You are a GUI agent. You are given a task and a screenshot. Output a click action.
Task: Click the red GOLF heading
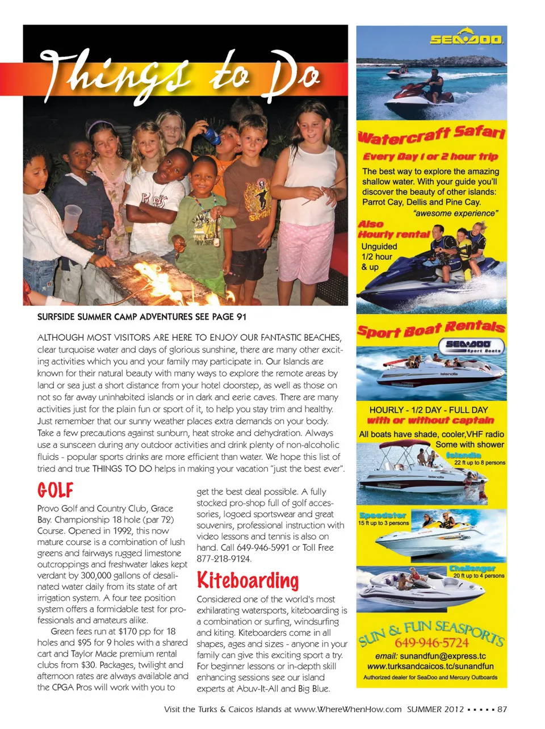(56, 490)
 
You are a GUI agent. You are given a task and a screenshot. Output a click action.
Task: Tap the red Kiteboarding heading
(248, 580)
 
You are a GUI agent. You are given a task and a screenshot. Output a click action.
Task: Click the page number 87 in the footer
(502, 709)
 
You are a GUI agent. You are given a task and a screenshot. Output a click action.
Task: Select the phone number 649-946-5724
(431, 643)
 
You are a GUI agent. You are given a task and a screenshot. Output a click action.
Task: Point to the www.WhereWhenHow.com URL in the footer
(347, 709)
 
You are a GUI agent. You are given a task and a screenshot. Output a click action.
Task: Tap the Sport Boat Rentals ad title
(431, 329)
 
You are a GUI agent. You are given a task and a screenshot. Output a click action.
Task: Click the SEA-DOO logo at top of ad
(466, 38)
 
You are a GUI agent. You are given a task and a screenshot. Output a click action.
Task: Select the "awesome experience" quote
(456, 213)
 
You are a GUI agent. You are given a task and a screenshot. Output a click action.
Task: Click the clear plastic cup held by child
(73, 219)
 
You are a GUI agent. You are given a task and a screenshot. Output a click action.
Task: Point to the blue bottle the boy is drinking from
(211, 136)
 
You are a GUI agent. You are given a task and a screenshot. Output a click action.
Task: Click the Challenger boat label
(472, 568)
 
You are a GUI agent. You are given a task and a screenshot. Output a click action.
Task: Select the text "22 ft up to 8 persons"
(479, 463)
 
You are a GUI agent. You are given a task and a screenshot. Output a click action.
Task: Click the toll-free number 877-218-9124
(224, 559)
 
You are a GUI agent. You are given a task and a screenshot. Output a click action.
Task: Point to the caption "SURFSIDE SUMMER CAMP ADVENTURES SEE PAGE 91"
(142, 317)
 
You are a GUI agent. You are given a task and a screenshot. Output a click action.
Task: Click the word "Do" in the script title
(295, 77)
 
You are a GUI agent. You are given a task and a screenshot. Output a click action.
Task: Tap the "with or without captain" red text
(430, 421)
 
